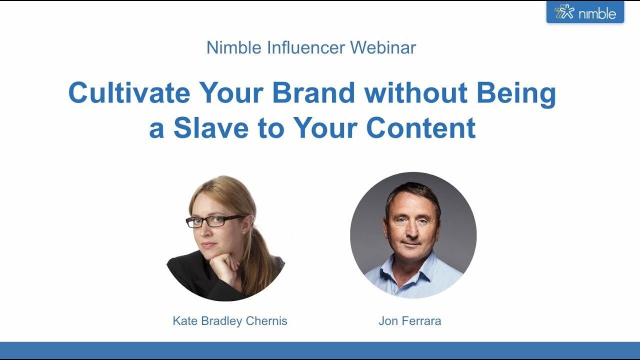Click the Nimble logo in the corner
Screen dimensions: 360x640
[x=585, y=12]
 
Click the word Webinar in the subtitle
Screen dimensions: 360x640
[x=382, y=47]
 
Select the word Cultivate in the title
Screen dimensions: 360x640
[x=129, y=93]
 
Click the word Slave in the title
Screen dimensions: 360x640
[x=210, y=128]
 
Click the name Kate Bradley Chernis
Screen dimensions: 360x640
[x=230, y=321]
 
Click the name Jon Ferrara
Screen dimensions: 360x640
[x=409, y=321]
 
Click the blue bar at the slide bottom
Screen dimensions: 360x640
[x=320, y=350]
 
